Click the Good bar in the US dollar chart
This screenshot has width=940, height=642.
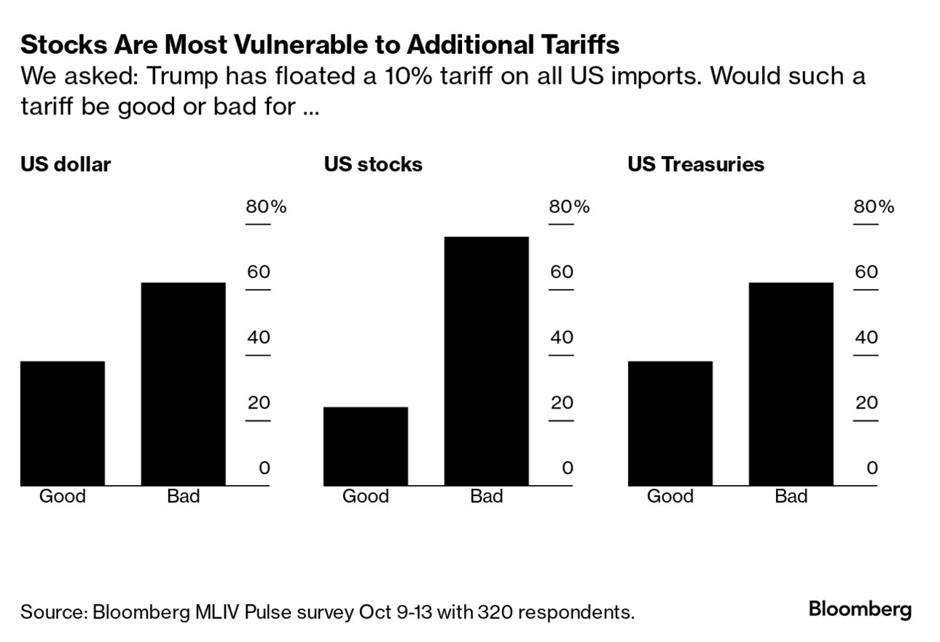point(63,423)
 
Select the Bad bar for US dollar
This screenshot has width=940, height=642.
point(183,384)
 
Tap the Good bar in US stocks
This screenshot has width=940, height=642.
point(366,446)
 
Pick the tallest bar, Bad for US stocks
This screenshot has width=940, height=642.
point(486,361)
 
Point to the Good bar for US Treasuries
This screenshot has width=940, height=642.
point(670,423)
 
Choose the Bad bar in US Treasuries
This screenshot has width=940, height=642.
point(791,384)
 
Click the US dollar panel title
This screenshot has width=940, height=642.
point(66,164)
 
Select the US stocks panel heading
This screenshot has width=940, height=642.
point(373,164)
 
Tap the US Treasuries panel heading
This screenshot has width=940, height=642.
point(696,164)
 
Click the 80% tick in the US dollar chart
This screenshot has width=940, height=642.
point(266,207)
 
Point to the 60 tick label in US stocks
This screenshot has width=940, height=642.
point(562,272)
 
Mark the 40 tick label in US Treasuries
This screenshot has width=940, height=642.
point(866,338)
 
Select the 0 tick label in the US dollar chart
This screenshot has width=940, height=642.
point(265,468)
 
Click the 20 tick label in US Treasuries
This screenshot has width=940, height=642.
point(866,403)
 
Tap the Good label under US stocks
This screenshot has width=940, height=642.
point(366,497)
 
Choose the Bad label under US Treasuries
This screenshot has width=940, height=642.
point(791,497)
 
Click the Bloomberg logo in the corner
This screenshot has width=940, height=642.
point(860,609)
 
